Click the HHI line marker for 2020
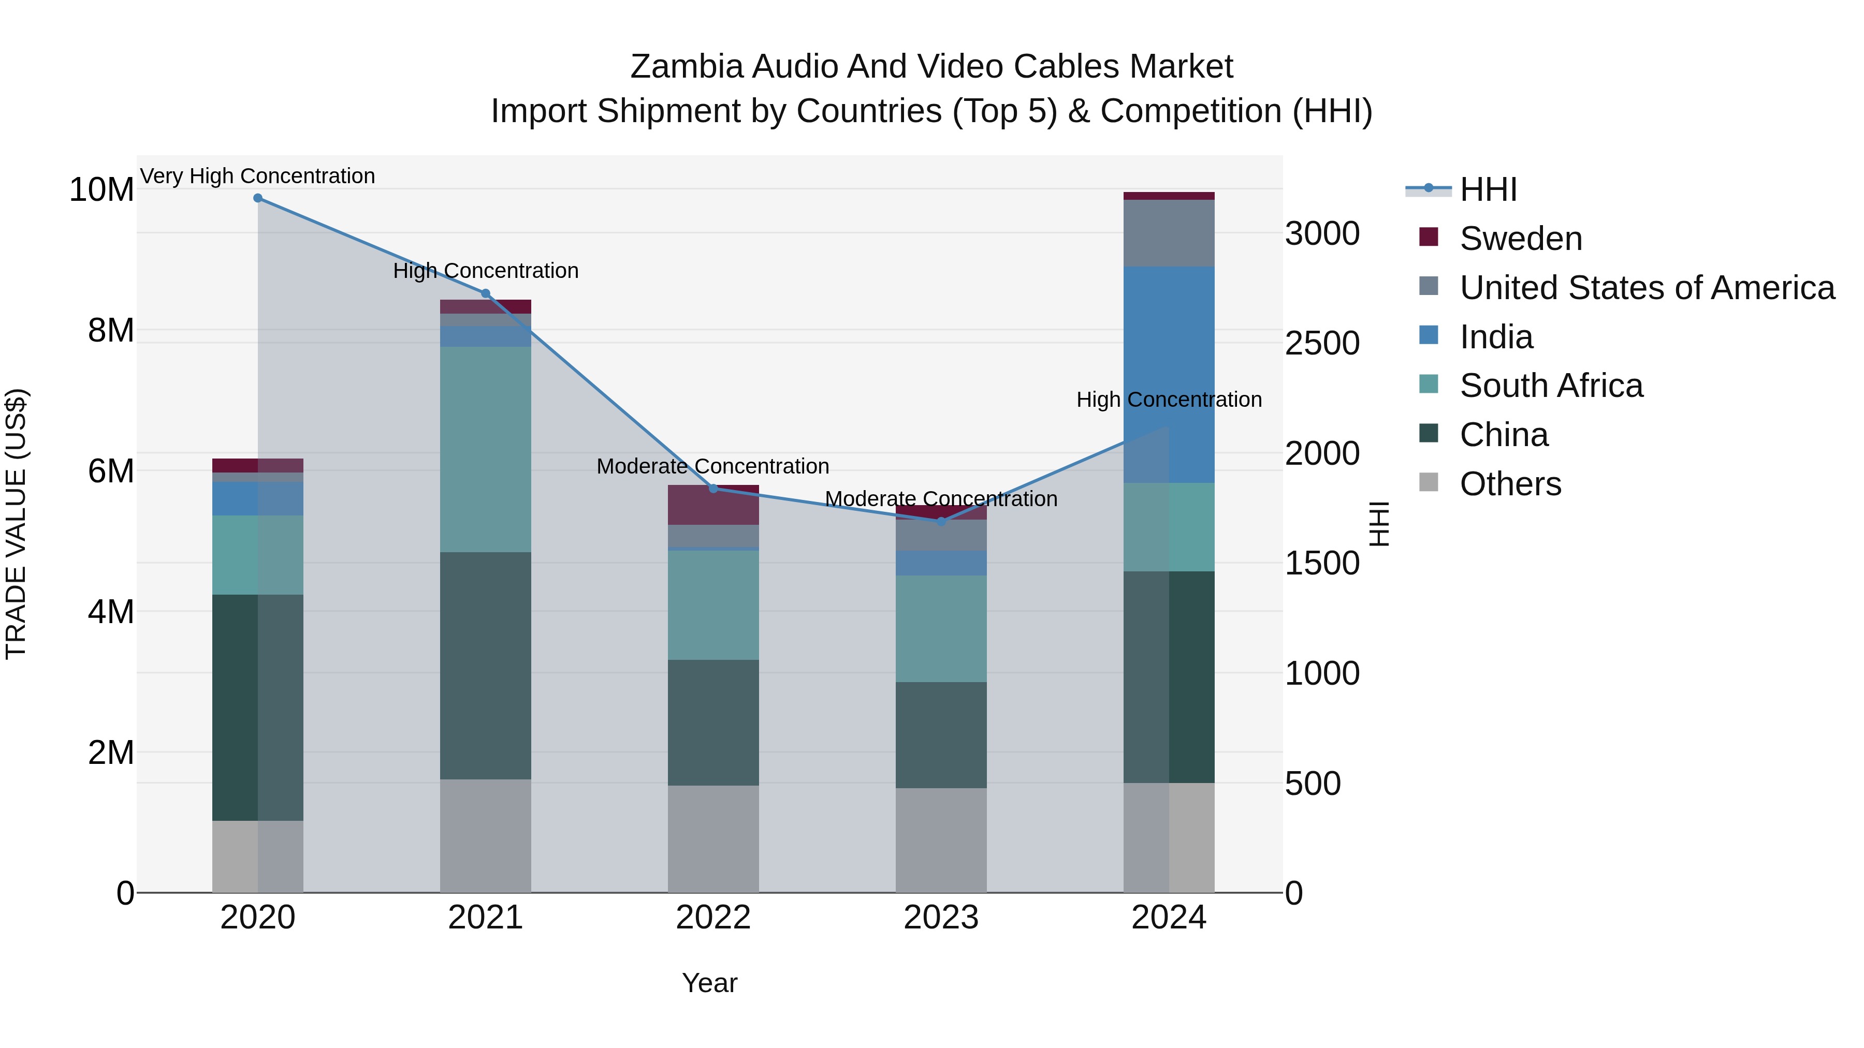258,198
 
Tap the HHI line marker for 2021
486,293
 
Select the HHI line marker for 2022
713,489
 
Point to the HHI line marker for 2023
941,522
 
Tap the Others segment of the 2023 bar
941,840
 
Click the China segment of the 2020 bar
258,707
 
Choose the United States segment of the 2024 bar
1169,233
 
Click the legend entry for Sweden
1520,239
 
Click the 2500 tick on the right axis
1322,344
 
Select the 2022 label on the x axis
713,918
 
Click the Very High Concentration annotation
258,176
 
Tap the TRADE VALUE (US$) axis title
16,524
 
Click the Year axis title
709,983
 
